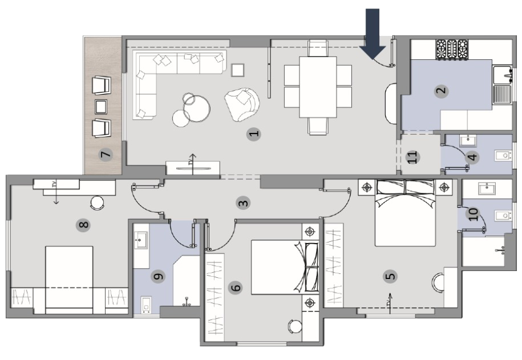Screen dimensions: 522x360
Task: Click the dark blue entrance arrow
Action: click(373, 33)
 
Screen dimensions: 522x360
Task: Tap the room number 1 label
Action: click(254, 134)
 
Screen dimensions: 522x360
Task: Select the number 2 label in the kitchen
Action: click(442, 91)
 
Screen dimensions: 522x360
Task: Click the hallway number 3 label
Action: click(244, 203)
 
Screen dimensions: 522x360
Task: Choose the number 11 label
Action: click(412, 156)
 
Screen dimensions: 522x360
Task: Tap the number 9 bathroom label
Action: click(159, 276)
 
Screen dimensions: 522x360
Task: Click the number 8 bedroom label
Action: click(83, 225)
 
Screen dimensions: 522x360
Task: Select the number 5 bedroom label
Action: click(390, 276)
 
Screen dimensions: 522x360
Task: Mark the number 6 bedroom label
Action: click(236, 288)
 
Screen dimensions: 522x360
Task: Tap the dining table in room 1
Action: click(318, 87)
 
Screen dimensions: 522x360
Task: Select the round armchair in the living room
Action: click(242, 104)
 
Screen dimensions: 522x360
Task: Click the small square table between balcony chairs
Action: click(101, 107)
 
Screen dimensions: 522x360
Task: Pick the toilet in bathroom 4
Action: click(503, 155)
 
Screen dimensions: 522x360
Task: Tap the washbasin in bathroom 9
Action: click(141, 240)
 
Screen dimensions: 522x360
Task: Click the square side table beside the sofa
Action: click(238, 70)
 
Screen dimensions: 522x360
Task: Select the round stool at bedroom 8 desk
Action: click(97, 203)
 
